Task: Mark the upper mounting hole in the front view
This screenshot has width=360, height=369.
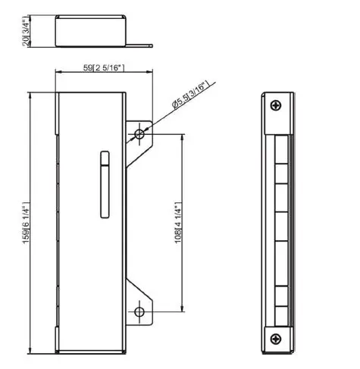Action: [x=139, y=134]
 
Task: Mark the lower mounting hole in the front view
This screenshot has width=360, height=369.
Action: [x=139, y=312]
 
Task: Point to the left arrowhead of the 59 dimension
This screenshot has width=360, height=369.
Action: [x=58, y=74]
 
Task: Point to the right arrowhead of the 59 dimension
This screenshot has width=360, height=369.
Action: [x=122, y=74]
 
